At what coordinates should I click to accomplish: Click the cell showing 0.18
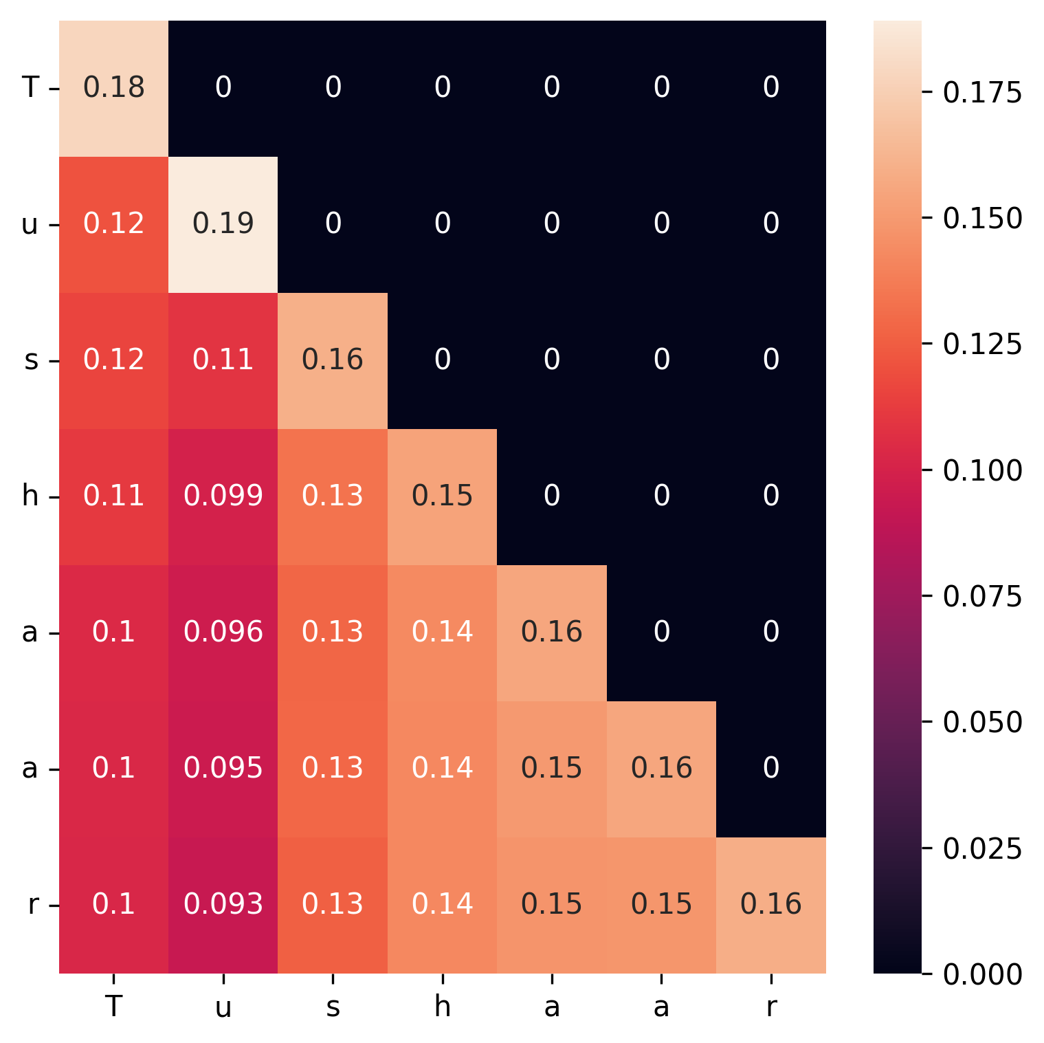pos(113,88)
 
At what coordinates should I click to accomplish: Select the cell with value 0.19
pos(223,223)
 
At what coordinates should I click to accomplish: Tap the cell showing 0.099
pos(223,496)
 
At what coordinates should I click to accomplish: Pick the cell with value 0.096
pos(223,632)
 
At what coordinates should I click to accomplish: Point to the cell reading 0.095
pos(223,768)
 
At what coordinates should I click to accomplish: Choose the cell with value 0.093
pos(223,904)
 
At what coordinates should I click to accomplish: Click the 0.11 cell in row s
pos(223,360)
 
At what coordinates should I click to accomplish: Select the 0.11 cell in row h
pos(113,496)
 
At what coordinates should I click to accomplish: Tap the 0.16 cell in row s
pos(333,360)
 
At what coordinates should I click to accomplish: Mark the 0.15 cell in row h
pos(443,496)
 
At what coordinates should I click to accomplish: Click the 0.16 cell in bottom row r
pos(771,904)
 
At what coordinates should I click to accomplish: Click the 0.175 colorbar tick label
pos(982,92)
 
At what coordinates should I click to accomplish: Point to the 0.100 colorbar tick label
pos(982,470)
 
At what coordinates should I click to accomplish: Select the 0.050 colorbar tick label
pos(982,722)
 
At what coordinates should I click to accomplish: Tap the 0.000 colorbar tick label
pos(982,974)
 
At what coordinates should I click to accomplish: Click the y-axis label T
pos(30,88)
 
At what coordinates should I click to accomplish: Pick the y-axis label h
pos(30,496)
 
